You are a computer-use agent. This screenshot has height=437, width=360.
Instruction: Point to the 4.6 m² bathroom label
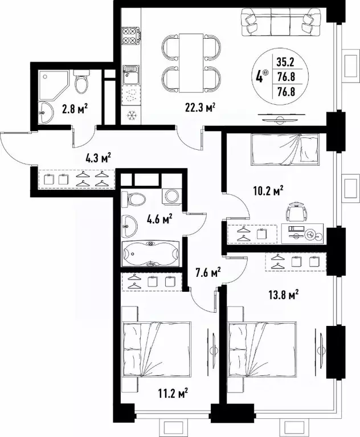(160, 217)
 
